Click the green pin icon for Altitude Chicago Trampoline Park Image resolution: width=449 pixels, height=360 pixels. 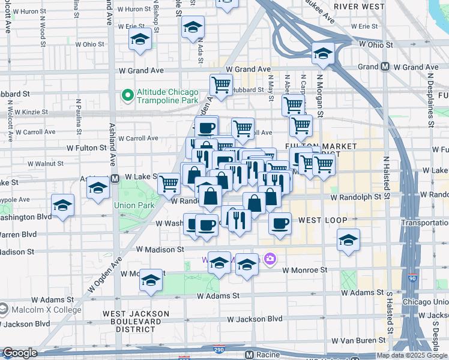coord(127,95)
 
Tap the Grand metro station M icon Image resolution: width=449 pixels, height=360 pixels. coord(385,68)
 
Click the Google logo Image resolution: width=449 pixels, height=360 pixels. coord(20,353)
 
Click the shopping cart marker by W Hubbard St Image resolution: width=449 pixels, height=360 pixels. coord(221,85)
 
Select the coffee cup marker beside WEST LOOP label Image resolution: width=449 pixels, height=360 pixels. coord(280,224)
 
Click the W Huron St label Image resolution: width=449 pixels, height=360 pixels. coord(134,10)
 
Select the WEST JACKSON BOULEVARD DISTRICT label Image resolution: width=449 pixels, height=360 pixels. coord(136,322)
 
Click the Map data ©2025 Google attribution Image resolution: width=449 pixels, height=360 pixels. coord(412,355)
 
